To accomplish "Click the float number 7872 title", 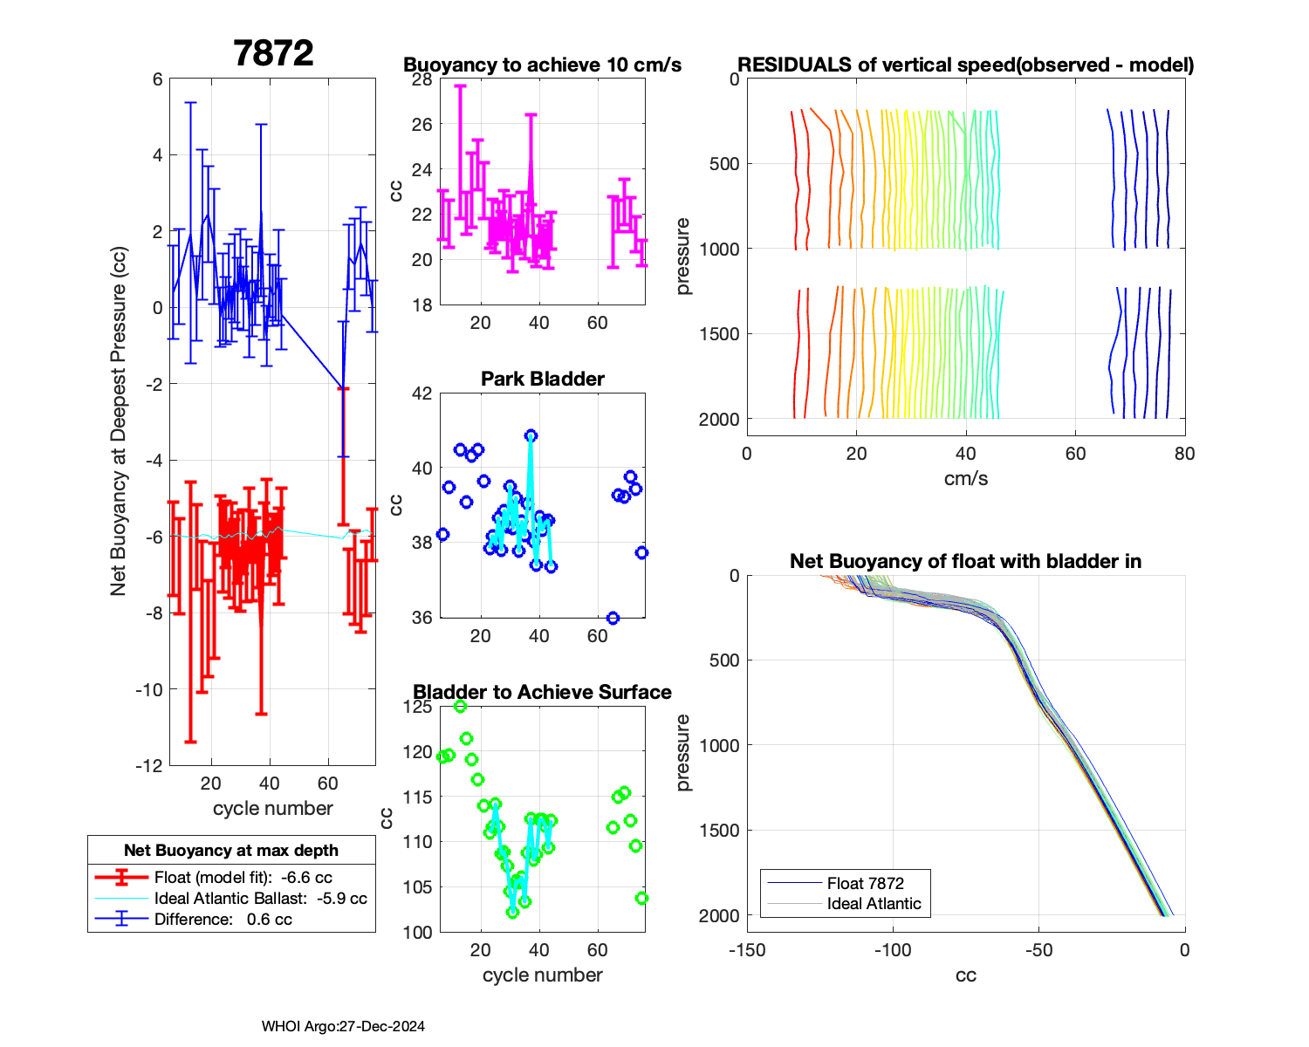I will tap(273, 54).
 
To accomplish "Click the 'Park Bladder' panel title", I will tap(543, 379).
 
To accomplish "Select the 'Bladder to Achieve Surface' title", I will tap(542, 692).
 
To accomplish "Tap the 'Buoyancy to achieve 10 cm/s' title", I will tap(542, 65).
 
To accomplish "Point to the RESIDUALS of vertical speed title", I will tap(965, 65).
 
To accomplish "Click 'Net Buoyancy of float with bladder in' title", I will tap(965, 561).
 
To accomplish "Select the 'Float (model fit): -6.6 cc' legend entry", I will tap(243, 878).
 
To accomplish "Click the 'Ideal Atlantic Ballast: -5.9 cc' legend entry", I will tap(260, 899).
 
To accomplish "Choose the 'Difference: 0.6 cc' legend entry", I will tap(223, 919).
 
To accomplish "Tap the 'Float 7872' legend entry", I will tap(865, 883).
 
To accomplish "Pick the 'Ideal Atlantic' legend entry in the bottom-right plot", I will tap(874, 904).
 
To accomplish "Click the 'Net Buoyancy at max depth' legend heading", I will tap(231, 851).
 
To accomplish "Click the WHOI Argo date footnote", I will tap(343, 1027).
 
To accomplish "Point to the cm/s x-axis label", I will tap(965, 479).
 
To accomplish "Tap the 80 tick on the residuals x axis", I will tap(1184, 454).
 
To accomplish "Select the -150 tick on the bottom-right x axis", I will tap(747, 950).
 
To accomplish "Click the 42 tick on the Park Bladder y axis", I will tap(422, 393).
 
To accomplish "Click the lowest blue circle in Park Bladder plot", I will tap(613, 618).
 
